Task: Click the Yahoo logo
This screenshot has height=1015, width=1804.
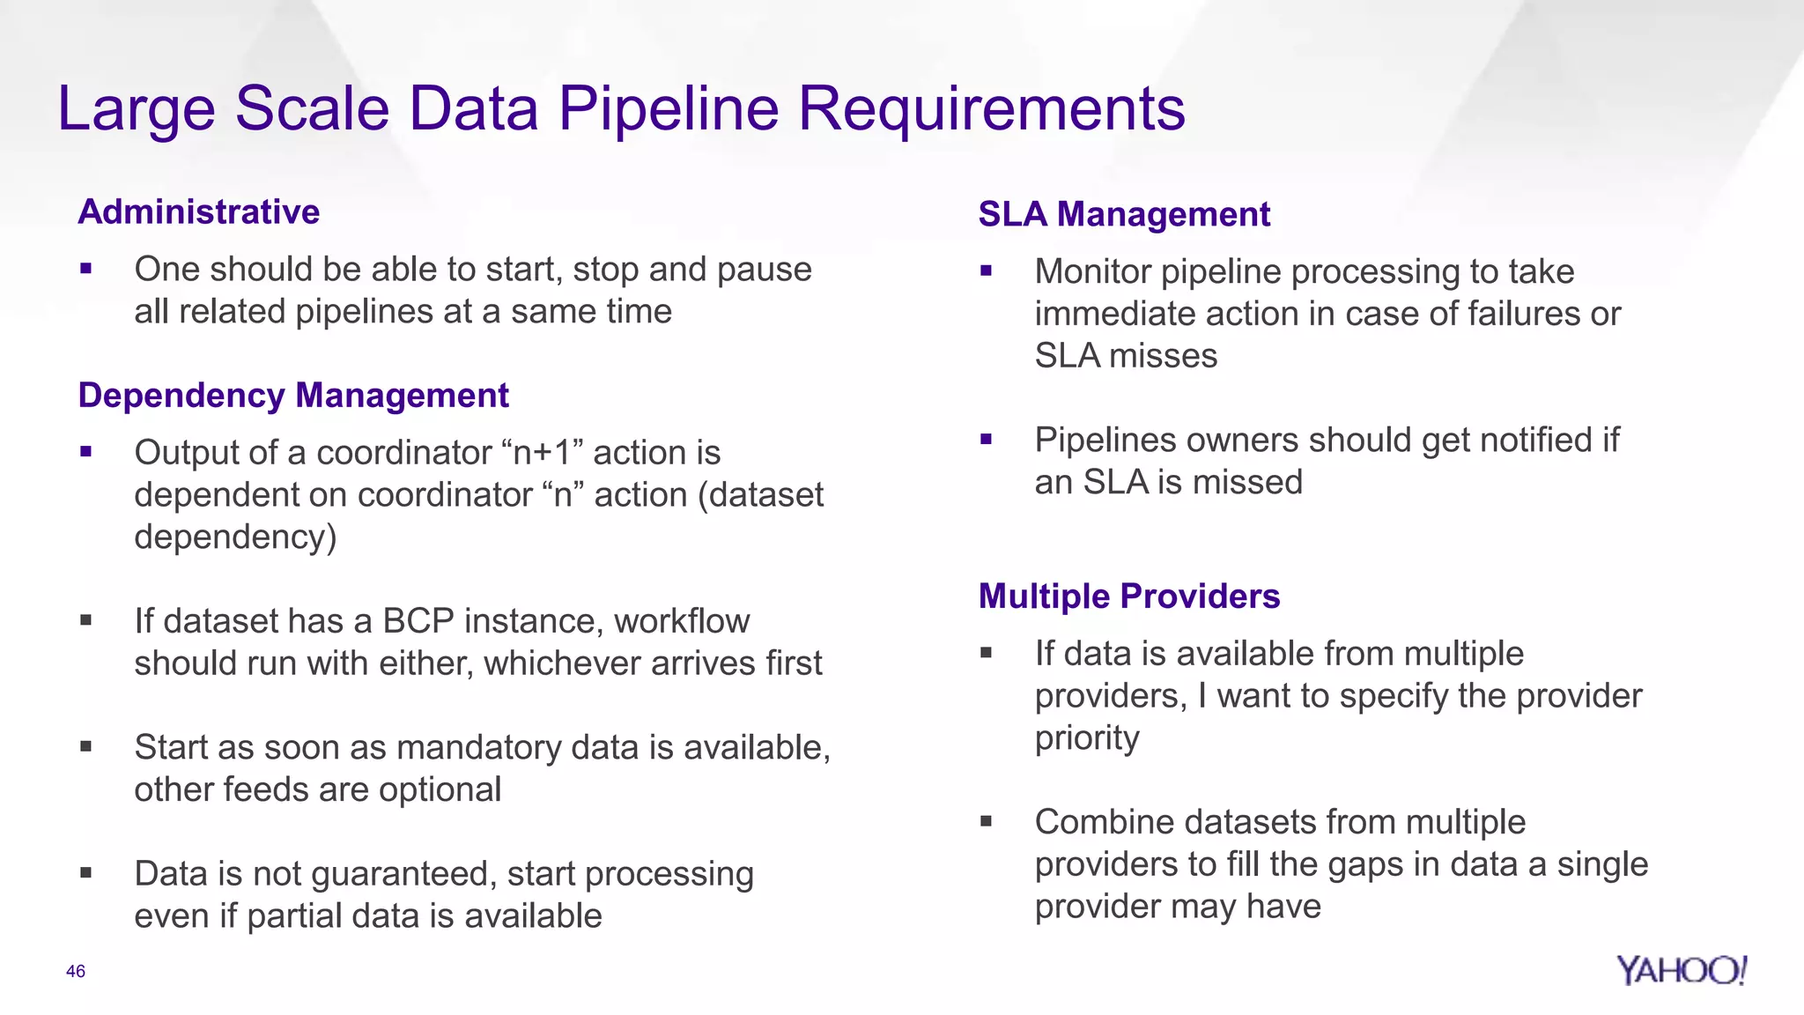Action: [x=1681, y=970]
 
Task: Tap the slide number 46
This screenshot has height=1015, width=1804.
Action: [x=76, y=971]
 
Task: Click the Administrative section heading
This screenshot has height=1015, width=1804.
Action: [x=198, y=212]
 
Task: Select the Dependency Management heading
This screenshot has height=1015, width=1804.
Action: [x=293, y=396]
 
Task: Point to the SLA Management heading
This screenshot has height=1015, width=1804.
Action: [x=1124, y=214]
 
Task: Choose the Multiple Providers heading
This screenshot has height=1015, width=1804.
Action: [x=1128, y=596]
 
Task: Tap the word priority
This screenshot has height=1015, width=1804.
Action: [x=1086, y=738]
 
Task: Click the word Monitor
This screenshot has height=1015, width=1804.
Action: [x=1093, y=272]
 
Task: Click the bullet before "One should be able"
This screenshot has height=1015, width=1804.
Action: [x=85, y=269]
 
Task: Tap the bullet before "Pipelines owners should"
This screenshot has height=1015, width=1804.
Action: [x=986, y=439]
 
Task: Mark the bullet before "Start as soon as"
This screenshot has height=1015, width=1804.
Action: [x=85, y=746]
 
